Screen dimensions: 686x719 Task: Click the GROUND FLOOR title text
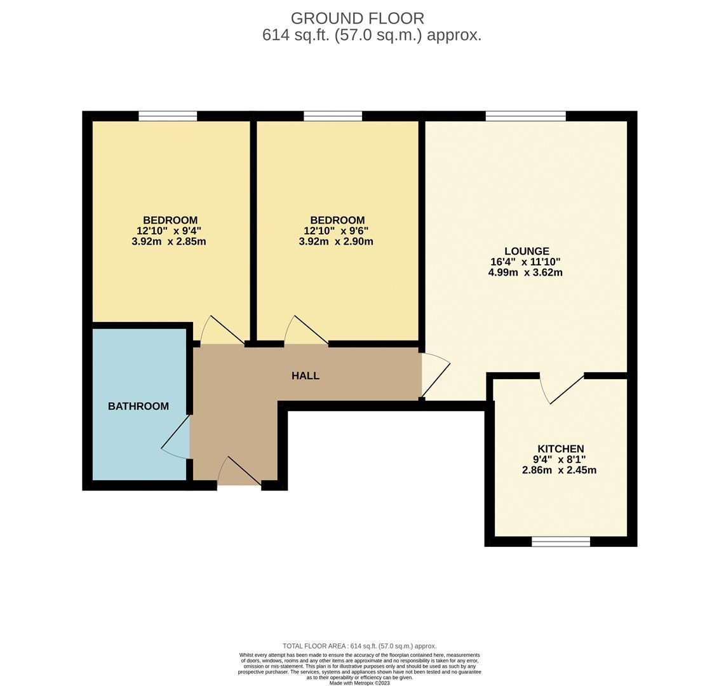click(357, 18)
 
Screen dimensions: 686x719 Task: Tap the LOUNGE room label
click(527, 252)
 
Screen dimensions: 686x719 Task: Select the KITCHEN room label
click(560, 449)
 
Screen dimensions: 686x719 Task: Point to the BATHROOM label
click(138, 407)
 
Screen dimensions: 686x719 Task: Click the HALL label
click(306, 376)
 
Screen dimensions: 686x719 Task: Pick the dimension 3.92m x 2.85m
click(169, 242)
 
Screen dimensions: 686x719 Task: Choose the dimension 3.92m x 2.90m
click(336, 242)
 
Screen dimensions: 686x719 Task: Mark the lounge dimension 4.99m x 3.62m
click(525, 273)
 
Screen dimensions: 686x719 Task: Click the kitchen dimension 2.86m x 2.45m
click(559, 471)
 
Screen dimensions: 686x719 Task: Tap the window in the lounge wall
click(525, 116)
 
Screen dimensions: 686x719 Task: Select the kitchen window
click(560, 541)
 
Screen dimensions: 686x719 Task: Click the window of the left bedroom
click(168, 116)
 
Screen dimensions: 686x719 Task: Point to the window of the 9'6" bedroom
click(333, 116)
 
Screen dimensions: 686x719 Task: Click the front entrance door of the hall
click(239, 473)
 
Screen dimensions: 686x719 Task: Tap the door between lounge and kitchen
click(561, 388)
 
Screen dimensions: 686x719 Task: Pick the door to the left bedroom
click(222, 331)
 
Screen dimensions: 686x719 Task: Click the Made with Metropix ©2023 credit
click(359, 683)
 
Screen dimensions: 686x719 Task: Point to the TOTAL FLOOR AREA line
click(359, 646)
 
